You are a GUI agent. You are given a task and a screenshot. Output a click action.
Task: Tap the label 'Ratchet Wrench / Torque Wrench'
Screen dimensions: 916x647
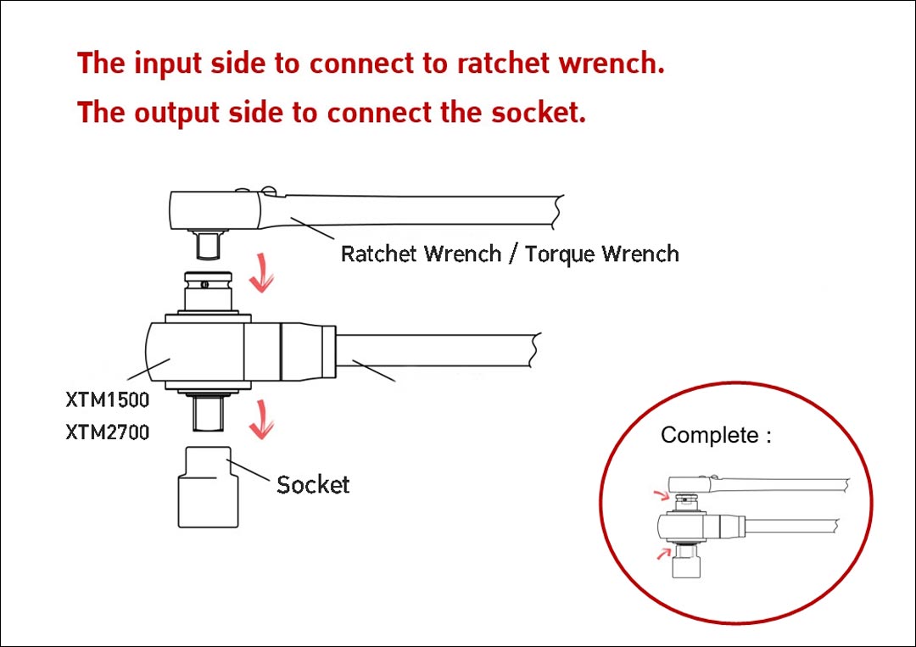click(510, 254)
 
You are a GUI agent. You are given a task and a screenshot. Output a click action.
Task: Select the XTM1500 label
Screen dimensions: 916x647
click(108, 400)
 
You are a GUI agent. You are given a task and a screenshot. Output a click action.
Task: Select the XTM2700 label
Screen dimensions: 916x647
click(108, 432)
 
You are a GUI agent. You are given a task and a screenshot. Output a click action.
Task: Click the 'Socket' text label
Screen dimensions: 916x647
click(313, 485)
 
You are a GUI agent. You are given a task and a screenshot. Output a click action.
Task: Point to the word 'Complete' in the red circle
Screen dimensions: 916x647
click(710, 435)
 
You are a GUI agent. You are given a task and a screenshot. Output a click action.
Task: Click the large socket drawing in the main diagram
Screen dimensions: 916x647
click(208, 487)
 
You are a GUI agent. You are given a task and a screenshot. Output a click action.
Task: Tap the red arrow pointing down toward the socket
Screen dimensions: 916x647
click(261, 420)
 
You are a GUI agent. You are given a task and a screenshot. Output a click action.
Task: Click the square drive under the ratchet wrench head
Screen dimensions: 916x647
click(209, 245)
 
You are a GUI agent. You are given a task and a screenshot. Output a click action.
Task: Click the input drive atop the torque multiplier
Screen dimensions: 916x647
click(209, 292)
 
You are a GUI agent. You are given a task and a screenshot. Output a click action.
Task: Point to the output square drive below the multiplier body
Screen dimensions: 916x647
click(209, 411)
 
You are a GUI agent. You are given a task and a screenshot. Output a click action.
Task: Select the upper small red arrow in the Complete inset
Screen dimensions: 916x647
click(662, 496)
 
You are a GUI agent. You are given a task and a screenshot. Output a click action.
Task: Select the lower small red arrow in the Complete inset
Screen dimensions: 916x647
click(663, 553)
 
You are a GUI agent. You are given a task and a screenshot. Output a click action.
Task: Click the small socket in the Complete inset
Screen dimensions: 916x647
click(686, 563)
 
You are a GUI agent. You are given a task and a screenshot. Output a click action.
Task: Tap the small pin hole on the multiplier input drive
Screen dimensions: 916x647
click(204, 285)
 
